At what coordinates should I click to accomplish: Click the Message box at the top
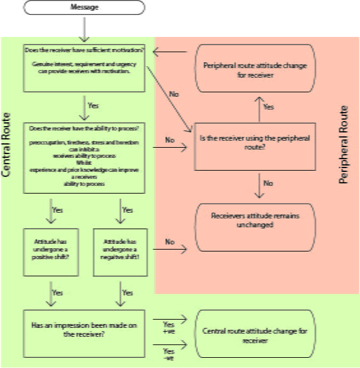click(84, 8)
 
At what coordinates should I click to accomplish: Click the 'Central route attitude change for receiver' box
click(255, 336)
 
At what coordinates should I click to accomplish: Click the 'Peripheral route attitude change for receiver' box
click(255, 69)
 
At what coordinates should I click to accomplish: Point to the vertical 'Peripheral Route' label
click(344, 145)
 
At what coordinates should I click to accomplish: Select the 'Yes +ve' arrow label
click(169, 327)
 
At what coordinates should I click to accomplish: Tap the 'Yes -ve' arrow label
click(169, 355)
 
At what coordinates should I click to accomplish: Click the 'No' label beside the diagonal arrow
click(173, 94)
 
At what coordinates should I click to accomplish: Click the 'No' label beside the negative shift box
click(169, 242)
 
